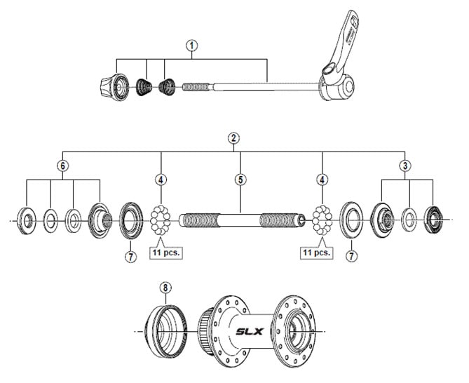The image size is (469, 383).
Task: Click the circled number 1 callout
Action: coord(192,44)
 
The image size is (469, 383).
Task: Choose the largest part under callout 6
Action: coord(100,220)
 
